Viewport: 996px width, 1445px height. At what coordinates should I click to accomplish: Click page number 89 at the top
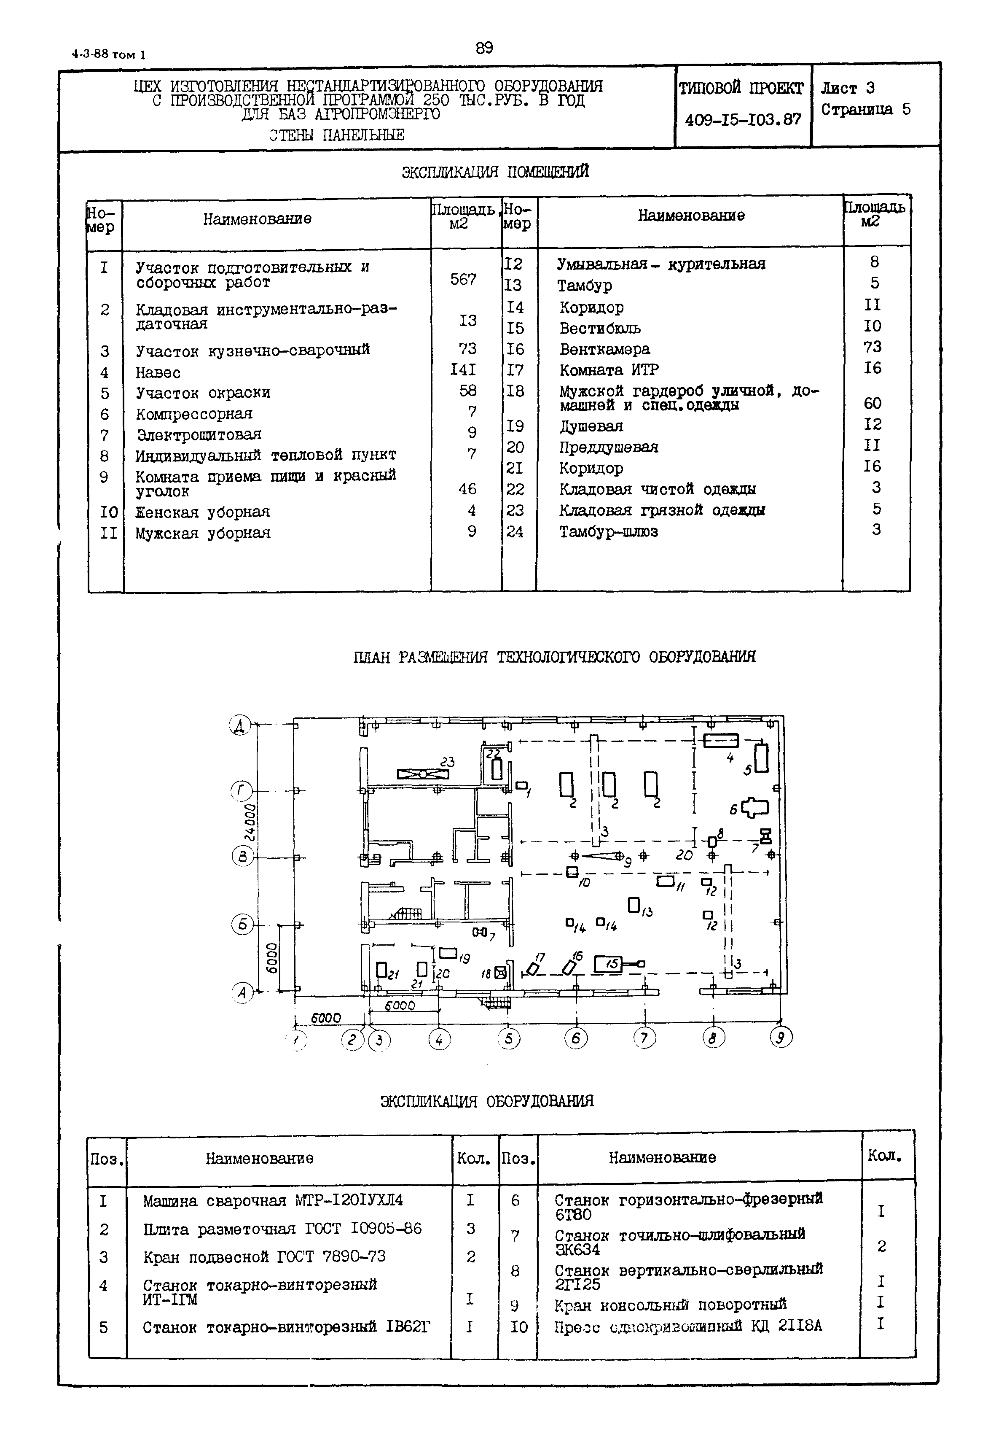click(484, 49)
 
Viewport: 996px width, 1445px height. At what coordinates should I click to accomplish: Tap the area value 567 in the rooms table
click(463, 280)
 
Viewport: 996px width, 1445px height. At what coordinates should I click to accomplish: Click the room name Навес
click(158, 373)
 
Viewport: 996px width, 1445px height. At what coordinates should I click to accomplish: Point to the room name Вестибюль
click(600, 329)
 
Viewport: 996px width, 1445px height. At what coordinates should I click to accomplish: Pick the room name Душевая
click(591, 426)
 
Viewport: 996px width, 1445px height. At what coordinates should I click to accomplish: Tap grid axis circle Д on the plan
click(240, 725)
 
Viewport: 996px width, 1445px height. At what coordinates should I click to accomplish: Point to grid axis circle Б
click(242, 924)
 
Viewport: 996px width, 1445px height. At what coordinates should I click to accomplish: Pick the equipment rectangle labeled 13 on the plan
click(634, 905)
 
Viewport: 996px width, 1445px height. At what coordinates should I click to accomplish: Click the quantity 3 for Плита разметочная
click(470, 1228)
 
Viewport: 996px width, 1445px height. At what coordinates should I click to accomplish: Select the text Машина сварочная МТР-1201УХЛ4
click(273, 1201)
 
